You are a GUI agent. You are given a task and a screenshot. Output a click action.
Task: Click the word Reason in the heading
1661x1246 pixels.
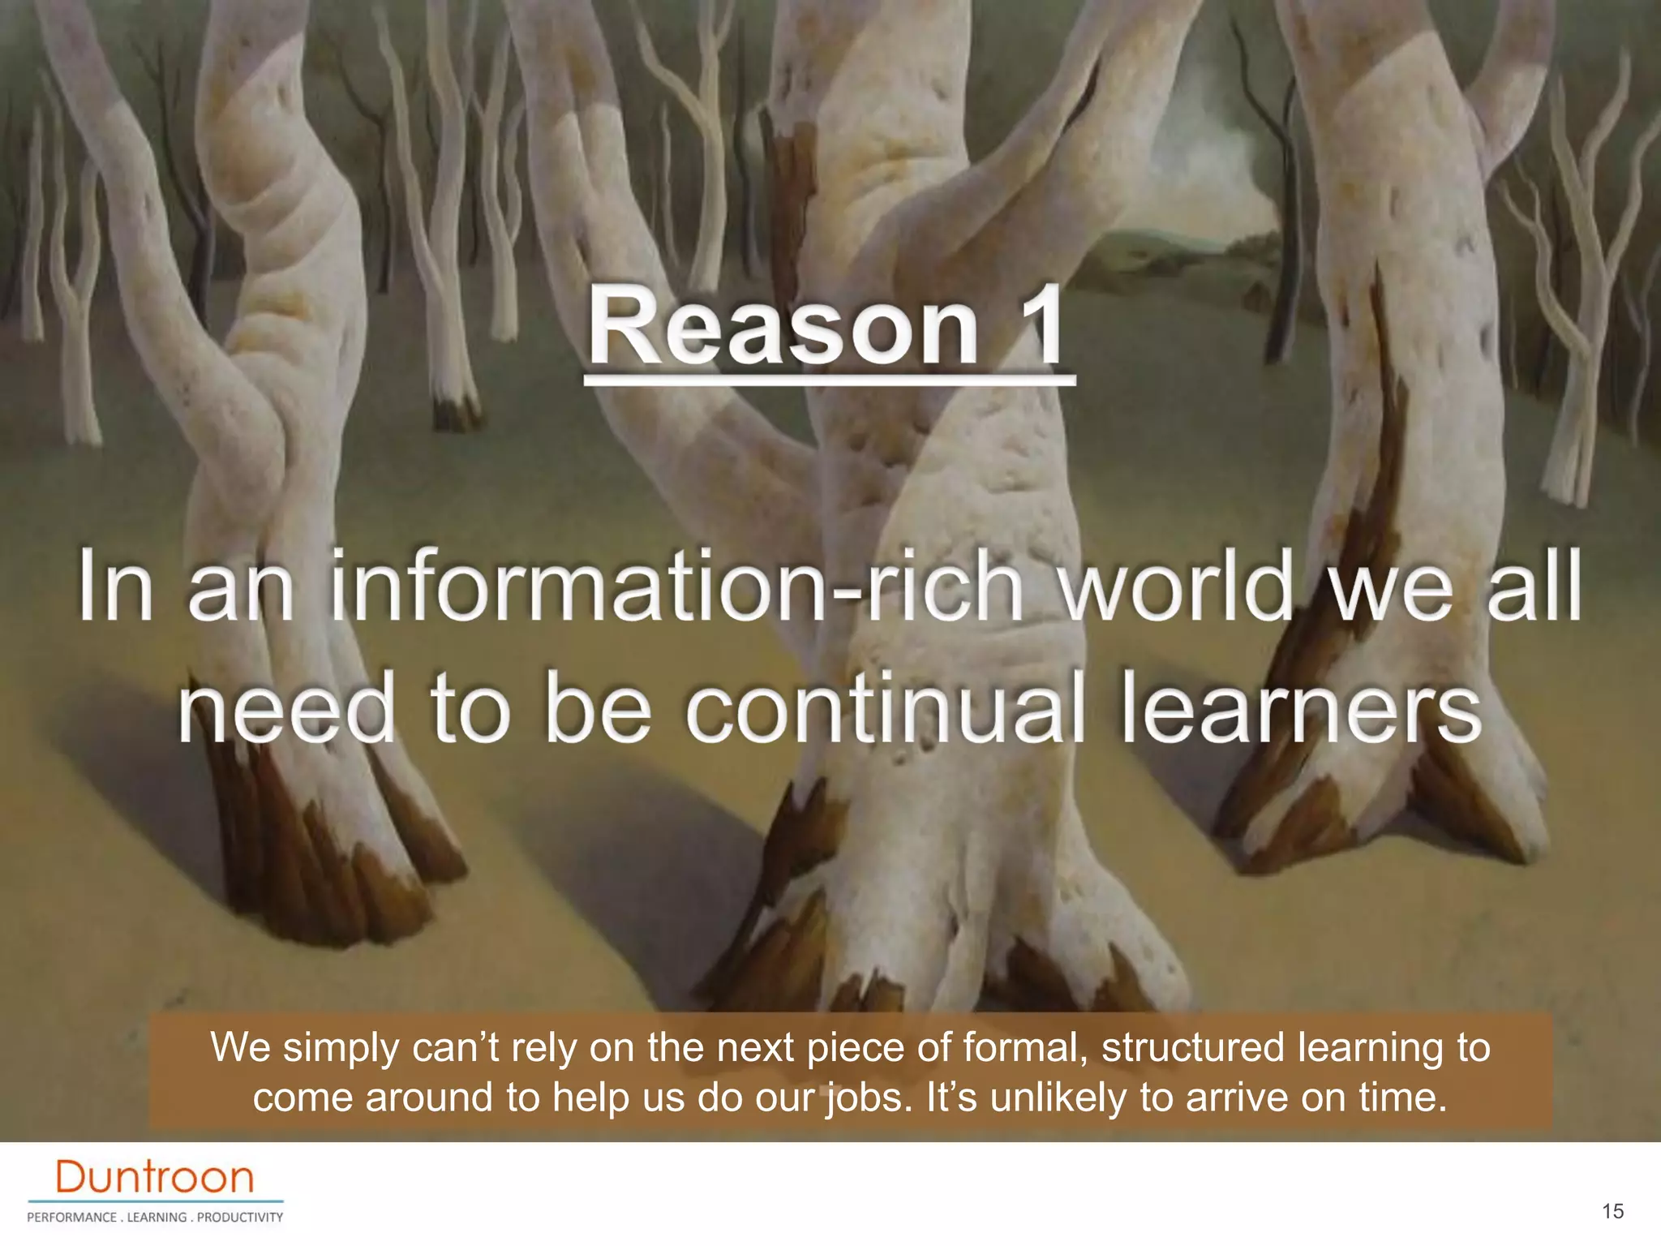(x=783, y=328)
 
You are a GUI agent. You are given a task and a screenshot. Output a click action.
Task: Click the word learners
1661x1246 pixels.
(x=1301, y=707)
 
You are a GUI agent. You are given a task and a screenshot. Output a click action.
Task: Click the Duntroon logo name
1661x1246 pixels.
(x=155, y=1177)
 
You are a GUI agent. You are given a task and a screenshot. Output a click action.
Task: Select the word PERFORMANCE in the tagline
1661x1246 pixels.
(x=72, y=1218)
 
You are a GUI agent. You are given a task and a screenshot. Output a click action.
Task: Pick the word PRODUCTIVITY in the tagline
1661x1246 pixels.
(x=240, y=1218)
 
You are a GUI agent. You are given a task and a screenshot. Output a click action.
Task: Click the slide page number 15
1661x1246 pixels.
(x=1612, y=1211)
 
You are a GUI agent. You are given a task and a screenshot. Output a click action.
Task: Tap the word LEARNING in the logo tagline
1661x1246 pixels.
(x=157, y=1218)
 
